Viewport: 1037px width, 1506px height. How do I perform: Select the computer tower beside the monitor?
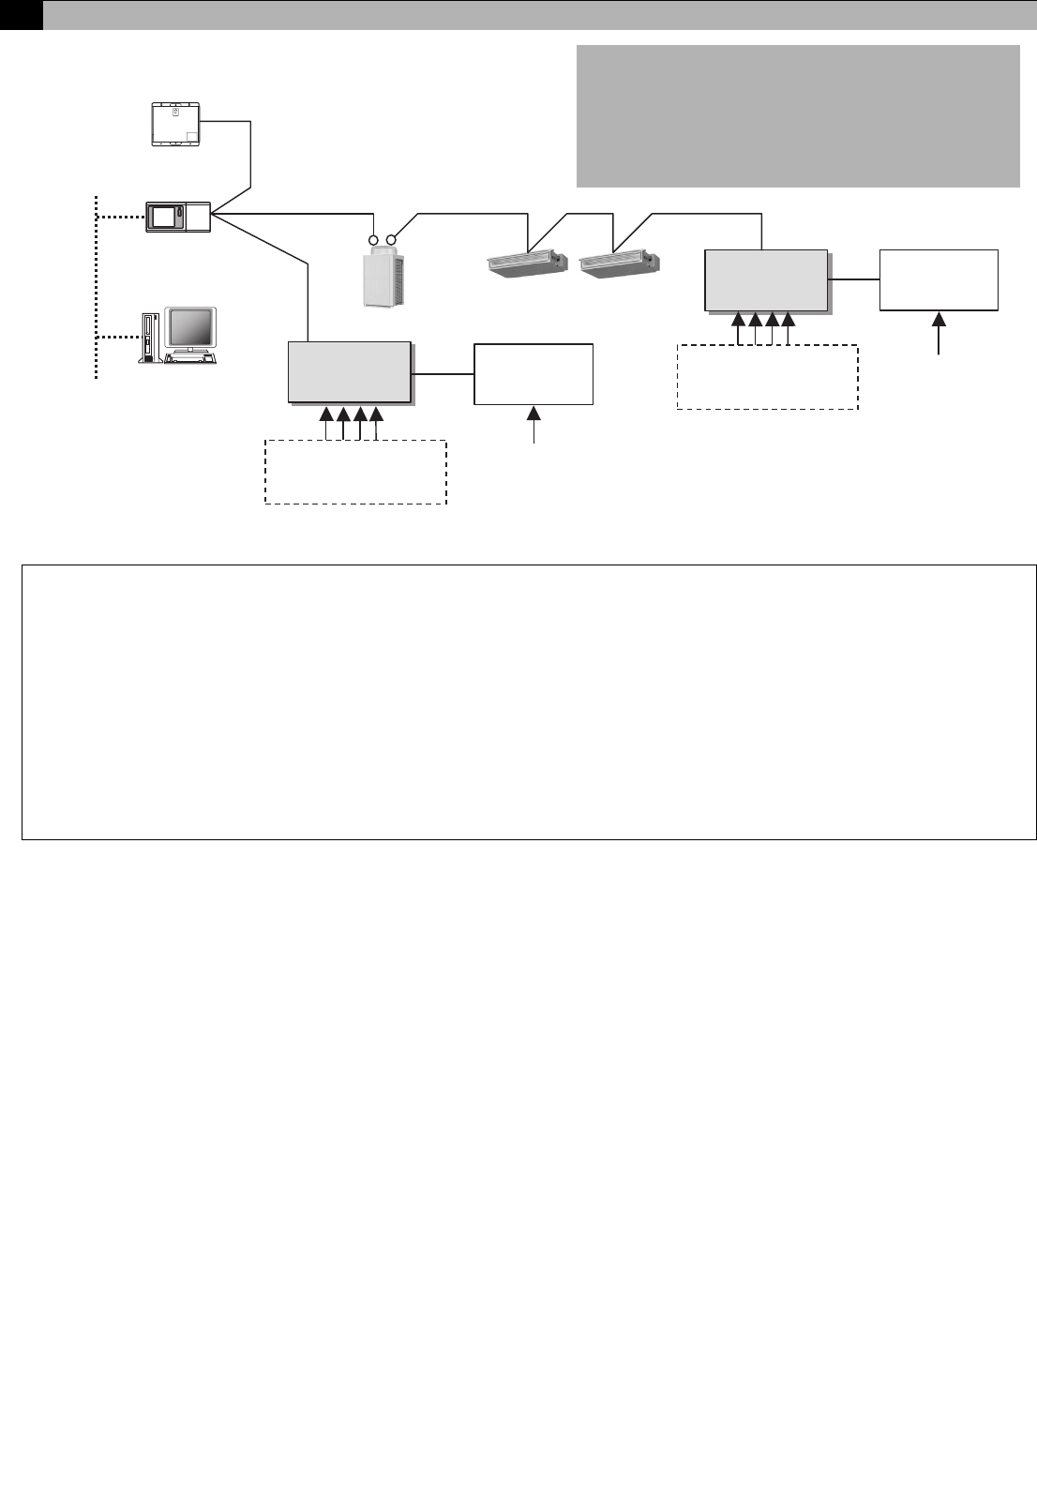[x=149, y=337]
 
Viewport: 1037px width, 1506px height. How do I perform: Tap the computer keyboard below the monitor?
[x=190, y=358]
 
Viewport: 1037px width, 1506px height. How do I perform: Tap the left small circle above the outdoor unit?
[x=372, y=227]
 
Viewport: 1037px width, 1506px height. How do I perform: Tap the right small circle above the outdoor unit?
[x=393, y=227]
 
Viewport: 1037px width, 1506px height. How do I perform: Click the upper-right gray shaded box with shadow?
[x=766, y=279]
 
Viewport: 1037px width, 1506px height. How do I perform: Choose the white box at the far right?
[x=939, y=279]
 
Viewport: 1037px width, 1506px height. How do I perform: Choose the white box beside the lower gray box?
[x=534, y=374]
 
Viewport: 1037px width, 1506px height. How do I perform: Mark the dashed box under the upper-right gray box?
[x=767, y=377]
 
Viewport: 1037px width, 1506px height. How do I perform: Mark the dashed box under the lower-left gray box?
[x=355, y=472]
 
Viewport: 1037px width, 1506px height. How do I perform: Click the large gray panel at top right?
[x=797, y=115]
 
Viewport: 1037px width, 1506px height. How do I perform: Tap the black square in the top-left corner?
[x=21, y=14]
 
